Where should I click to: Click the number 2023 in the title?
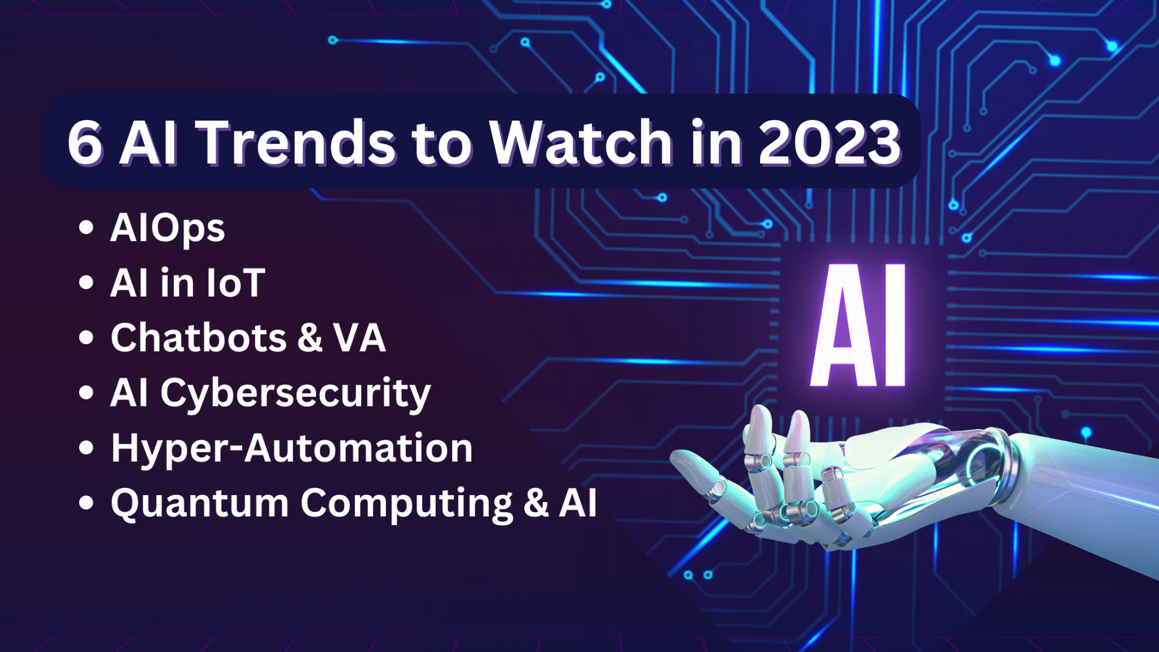[x=829, y=143]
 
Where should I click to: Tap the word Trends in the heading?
[x=298, y=143]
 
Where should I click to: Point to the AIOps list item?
[x=168, y=229]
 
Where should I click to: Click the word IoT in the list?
[x=235, y=283]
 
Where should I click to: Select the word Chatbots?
[x=199, y=338]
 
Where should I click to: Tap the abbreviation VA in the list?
[x=359, y=338]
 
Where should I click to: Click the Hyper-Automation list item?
[x=291, y=448]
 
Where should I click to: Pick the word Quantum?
[x=200, y=503]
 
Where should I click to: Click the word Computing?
[x=406, y=503]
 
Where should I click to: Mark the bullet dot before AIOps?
[x=86, y=228]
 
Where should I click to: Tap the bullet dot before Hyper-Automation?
[x=86, y=448]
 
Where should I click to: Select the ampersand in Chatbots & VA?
[x=310, y=338]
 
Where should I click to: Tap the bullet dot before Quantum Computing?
[x=86, y=503]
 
